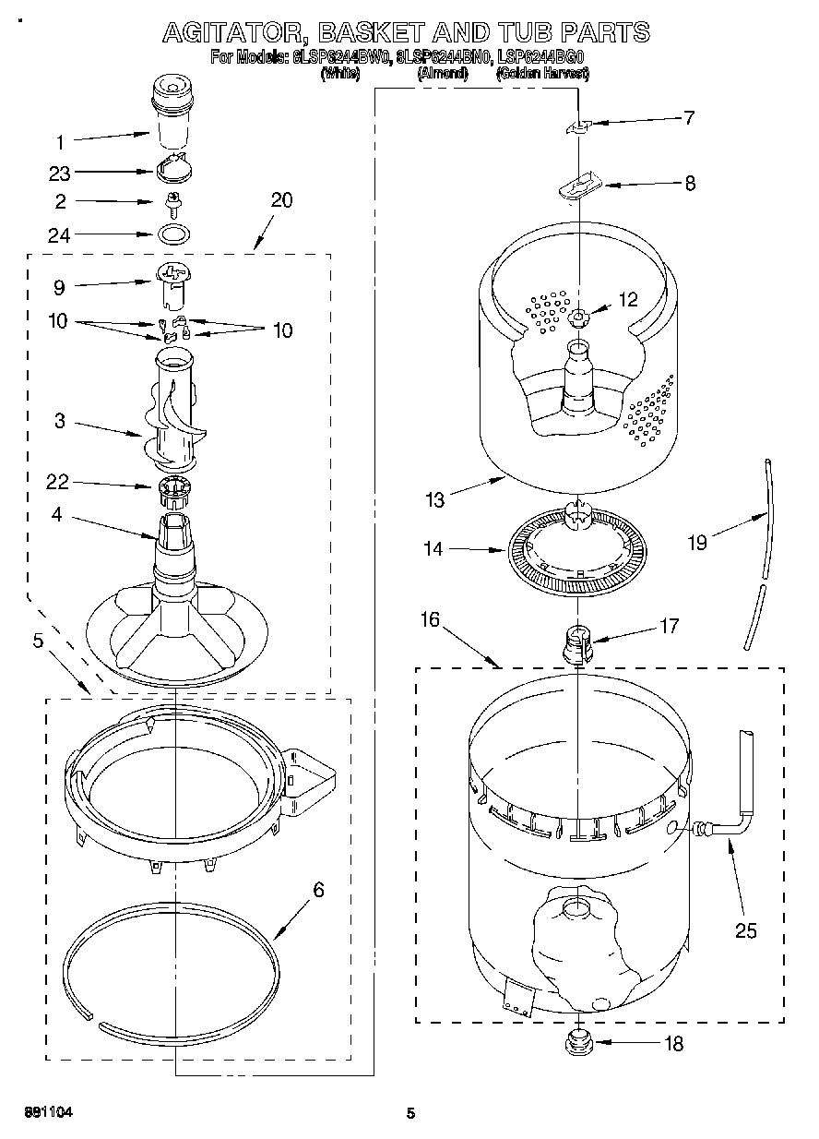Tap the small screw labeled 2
click(172, 200)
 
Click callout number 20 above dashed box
click(281, 199)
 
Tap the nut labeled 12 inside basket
click(579, 318)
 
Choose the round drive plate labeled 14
click(576, 551)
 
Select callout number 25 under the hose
click(745, 930)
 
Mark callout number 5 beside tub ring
click(38, 640)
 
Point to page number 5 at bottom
click(411, 1113)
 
